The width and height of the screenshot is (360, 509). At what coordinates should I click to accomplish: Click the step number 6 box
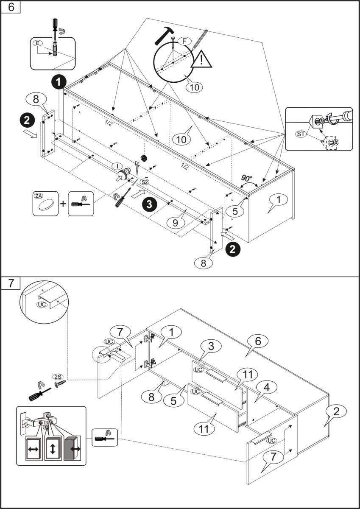(x=11, y=8)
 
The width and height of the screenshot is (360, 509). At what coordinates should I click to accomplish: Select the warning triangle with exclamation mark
(x=201, y=60)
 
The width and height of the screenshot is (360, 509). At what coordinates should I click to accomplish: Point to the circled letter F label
(x=184, y=41)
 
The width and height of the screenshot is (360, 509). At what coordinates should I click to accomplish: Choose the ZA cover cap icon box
(x=45, y=204)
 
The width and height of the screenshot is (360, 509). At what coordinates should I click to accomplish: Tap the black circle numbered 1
(x=59, y=81)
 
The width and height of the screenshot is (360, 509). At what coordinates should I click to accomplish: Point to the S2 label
(x=145, y=182)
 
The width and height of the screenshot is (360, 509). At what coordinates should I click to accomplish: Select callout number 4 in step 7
(x=268, y=386)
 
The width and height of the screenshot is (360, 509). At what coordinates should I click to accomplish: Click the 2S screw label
(x=57, y=376)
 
